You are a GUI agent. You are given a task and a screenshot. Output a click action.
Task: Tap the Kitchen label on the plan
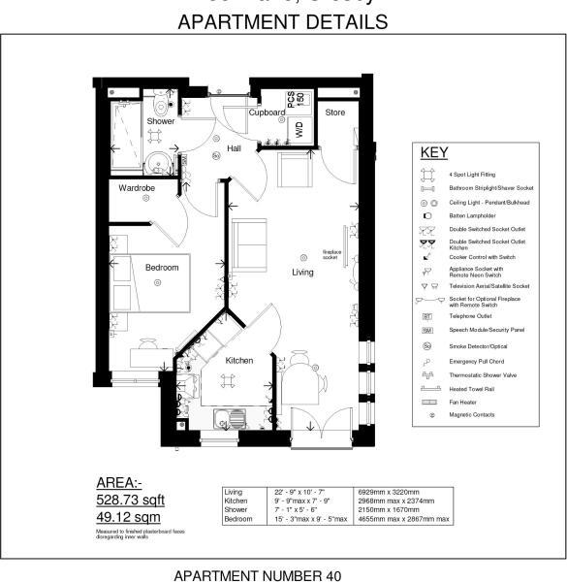[239, 360]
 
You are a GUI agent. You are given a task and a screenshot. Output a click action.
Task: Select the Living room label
[303, 273]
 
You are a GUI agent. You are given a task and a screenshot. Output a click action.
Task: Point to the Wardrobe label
[137, 187]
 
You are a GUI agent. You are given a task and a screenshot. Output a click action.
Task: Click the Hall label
[235, 147]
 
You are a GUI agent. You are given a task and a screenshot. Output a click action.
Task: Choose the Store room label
[334, 113]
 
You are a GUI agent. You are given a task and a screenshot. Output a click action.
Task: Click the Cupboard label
[267, 113]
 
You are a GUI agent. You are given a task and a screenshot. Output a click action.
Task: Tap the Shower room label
[161, 121]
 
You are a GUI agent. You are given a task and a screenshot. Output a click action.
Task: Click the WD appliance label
[299, 130]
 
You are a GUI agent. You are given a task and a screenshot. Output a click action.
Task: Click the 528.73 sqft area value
[130, 500]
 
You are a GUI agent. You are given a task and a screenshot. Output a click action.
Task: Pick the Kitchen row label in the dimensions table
[236, 501]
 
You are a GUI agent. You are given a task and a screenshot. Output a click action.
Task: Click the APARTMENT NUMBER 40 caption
[257, 575]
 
